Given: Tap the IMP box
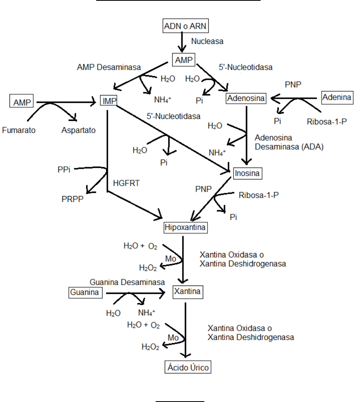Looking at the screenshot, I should click(109, 101).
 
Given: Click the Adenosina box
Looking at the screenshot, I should click(246, 98).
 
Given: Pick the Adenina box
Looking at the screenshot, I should click(337, 97).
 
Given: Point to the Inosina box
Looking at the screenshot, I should click(248, 173).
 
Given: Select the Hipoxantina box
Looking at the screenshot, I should click(186, 228).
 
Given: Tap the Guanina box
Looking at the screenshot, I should click(85, 293).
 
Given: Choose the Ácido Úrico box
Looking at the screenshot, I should click(187, 367).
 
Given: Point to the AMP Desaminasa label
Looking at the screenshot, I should click(109, 67).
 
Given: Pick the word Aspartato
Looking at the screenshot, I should click(78, 130).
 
